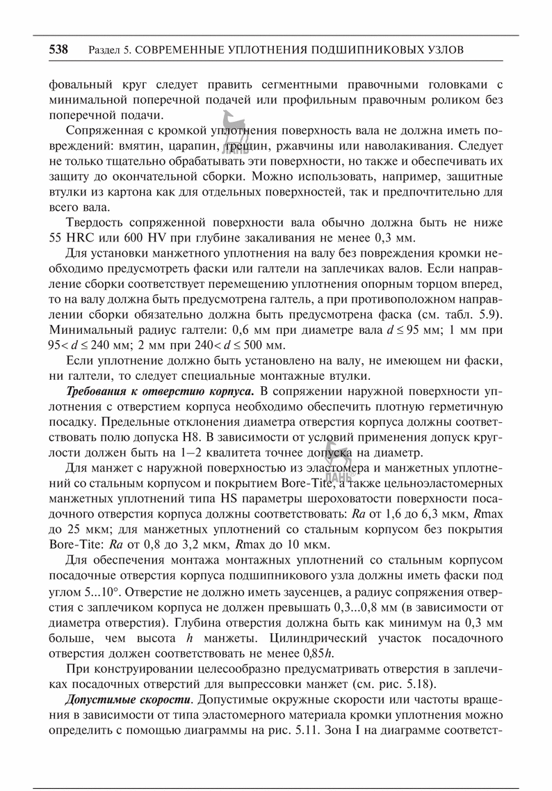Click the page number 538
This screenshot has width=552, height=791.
[x=58, y=50]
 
